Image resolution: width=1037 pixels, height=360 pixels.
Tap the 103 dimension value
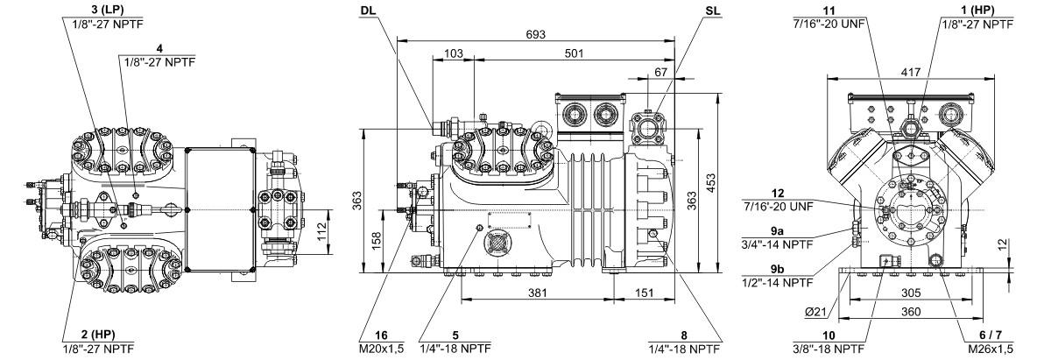[x=453, y=53]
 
